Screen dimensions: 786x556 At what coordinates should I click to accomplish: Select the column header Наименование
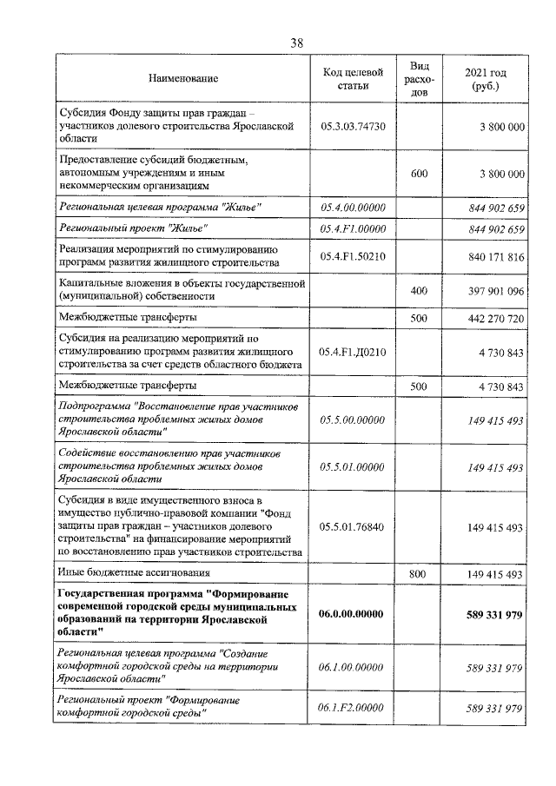pos(183,79)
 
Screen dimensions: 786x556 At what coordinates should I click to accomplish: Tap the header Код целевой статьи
pos(352,79)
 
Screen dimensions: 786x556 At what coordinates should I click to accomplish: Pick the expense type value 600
pos(419,175)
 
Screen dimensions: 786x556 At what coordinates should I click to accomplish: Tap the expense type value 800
pos(419,575)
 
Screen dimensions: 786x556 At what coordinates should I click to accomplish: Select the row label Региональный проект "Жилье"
pos(132,229)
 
